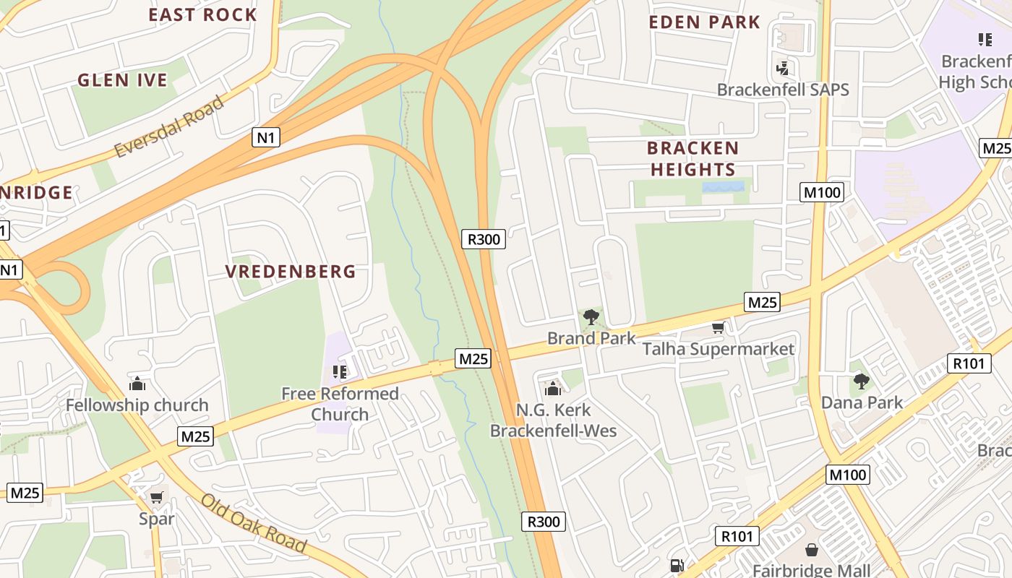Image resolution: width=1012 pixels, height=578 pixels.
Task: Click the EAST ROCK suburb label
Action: pos(202,14)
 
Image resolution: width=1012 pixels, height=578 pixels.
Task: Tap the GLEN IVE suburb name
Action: pos(122,80)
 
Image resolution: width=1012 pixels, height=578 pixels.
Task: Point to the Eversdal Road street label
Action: pos(168,126)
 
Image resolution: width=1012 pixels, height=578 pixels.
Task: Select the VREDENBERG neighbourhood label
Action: pos(291,272)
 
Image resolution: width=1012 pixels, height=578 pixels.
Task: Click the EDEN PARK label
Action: pos(704,22)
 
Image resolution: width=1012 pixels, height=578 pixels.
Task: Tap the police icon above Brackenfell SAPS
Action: pos(781,69)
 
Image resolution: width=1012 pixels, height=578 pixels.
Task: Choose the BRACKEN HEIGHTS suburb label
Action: pos(692,159)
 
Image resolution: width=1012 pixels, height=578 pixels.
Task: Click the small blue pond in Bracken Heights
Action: pos(723,186)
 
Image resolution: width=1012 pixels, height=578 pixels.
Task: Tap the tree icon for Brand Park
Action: pos(591,316)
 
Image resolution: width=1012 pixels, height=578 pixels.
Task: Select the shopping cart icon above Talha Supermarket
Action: pos(718,328)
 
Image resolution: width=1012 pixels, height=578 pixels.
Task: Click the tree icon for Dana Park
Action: pos(861,381)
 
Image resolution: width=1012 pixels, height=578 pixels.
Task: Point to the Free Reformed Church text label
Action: pos(340,404)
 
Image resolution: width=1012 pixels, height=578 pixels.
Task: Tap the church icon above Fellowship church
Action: pos(137,384)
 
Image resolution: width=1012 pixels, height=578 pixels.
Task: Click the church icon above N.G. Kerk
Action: pos(553,389)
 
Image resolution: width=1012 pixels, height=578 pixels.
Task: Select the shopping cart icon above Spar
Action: pos(156,497)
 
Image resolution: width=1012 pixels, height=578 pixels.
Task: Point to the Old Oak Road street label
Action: pos(253,522)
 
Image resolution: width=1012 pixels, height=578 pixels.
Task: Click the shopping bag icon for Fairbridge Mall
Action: pos(812,551)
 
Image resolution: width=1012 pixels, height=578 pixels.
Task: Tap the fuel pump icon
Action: pos(677,566)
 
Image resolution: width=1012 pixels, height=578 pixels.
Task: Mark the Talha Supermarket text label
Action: pos(719,350)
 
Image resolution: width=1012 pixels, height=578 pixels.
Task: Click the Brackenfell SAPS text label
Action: pos(783,90)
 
